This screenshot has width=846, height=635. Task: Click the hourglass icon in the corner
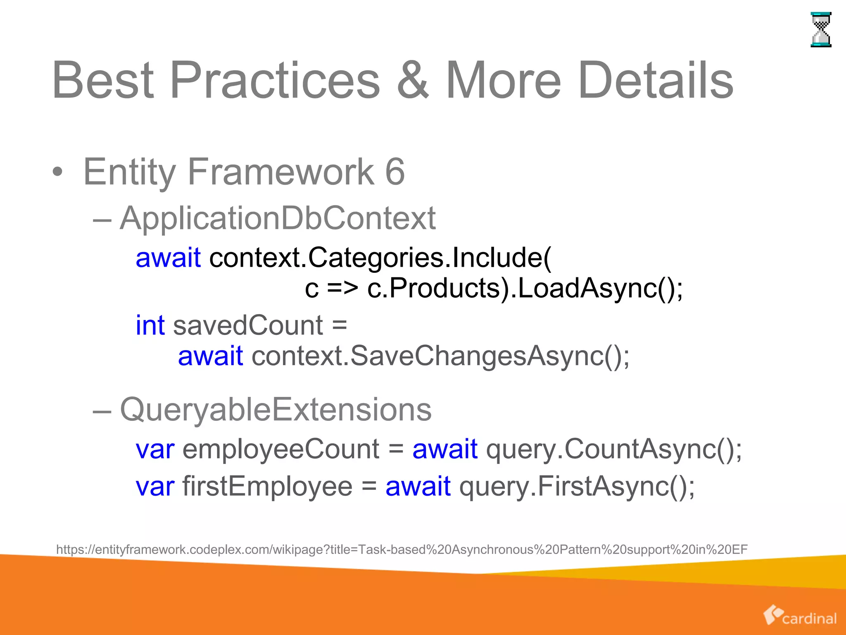click(x=821, y=30)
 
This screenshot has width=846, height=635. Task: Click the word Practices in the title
click(x=274, y=81)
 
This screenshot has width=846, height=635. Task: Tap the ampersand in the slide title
click(x=413, y=81)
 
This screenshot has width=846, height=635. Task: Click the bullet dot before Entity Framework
click(x=58, y=173)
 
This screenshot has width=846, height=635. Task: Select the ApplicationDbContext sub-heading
click(x=277, y=218)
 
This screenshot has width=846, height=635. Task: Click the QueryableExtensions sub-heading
click(x=276, y=410)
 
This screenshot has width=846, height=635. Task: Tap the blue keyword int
click(x=150, y=325)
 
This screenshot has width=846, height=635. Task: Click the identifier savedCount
click(x=248, y=325)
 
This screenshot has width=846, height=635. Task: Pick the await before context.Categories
click(x=168, y=258)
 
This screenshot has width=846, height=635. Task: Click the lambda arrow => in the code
click(x=342, y=288)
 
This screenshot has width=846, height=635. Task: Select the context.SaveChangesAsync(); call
click(x=440, y=356)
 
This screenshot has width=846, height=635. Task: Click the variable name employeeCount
click(x=280, y=449)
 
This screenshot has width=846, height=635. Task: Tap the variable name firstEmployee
click(x=267, y=486)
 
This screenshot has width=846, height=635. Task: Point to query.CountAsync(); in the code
click(x=614, y=449)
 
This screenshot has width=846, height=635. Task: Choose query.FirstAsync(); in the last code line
click(x=577, y=486)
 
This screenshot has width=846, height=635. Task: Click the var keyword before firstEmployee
click(x=155, y=486)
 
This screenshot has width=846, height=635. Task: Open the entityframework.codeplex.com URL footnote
click(x=402, y=549)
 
